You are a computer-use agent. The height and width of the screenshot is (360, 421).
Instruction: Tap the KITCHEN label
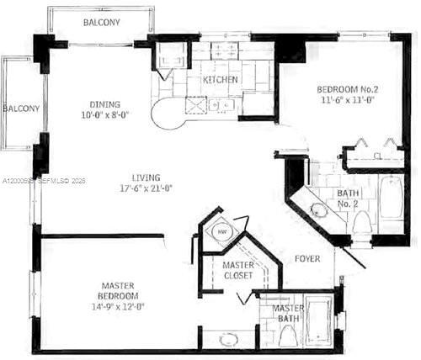coord(220,80)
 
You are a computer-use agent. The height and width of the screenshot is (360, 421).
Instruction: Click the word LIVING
coord(147,177)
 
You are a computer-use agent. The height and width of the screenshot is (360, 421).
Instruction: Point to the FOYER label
coord(306,259)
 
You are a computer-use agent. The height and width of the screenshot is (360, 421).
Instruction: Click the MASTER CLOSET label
coord(238,271)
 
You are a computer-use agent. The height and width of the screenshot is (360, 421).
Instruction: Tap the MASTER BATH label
coord(288,315)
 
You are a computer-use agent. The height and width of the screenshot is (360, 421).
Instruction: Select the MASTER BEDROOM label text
coord(117,291)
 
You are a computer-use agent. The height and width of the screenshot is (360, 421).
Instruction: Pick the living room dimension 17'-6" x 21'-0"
coord(147,189)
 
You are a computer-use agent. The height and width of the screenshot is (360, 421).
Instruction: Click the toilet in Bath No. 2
coord(361,223)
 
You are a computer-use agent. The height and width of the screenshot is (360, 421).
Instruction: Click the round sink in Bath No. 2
coord(320,210)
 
